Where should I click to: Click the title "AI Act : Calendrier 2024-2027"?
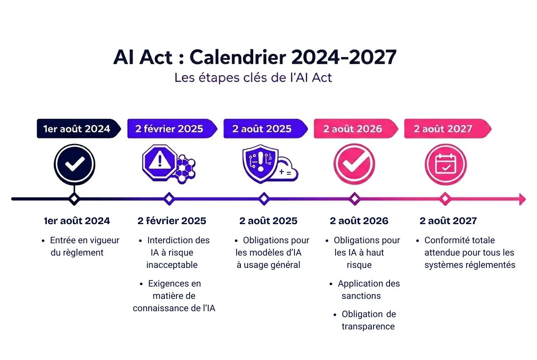pos(255,57)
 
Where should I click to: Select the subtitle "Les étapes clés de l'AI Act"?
pos(253,78)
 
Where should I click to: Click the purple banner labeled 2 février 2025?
pos(169,129)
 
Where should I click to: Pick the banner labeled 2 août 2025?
pos(263,129)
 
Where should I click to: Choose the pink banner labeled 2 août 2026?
pos(353,129)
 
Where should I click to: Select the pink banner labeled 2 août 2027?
pos(444,129)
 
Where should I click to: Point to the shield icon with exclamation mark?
pos(260,164)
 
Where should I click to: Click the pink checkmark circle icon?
pos(354,165)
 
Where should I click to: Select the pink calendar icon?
pos(446,165)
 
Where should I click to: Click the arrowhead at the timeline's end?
pos(522,199)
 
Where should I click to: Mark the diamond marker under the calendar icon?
pos(445,199)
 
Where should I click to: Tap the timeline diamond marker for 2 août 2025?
pos(264,199)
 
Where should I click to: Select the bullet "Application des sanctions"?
pos(365,290)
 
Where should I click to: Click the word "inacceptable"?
pos(172,265)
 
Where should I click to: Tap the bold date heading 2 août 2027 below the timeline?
pos(448,221)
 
